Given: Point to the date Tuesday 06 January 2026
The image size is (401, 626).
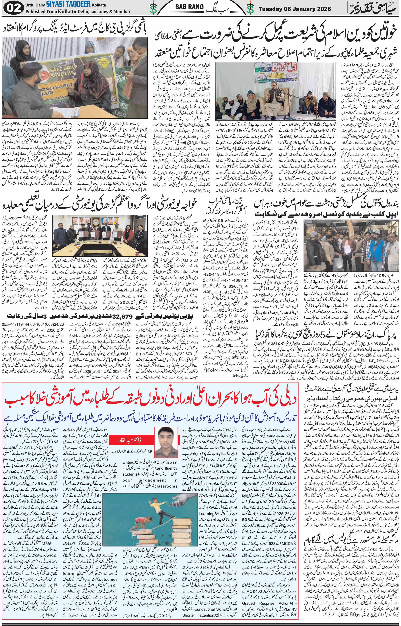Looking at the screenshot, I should [x=295, y=9].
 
